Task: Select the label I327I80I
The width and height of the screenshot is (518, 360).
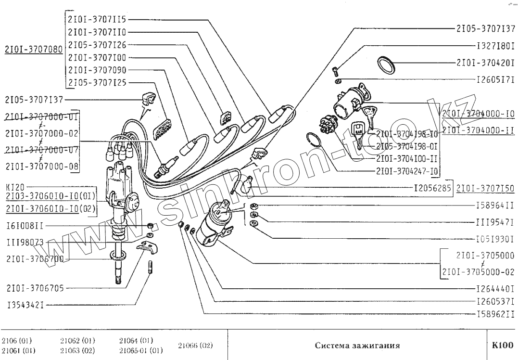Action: [495, 48]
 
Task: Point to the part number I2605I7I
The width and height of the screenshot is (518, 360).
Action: [495, 78]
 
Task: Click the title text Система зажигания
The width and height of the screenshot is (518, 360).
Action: [357, 345]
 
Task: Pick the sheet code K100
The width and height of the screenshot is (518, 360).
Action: [502, 345]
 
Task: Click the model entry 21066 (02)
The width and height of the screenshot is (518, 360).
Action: [195, 345]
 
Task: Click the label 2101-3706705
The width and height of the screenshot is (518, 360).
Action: [35, 288]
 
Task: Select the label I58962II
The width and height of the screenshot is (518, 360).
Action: [495, 315]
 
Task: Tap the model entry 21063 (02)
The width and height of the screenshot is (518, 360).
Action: [77, 350]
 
